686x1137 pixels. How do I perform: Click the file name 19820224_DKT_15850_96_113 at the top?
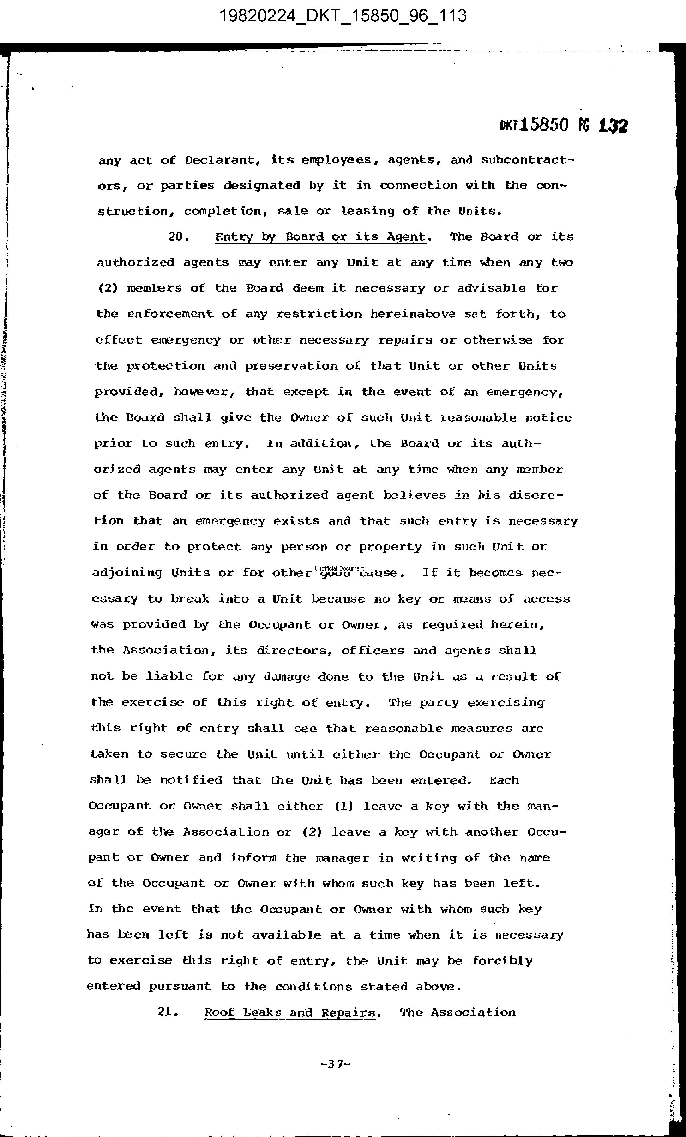(x=343, y=16)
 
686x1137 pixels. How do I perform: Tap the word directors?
(x=292, y=651)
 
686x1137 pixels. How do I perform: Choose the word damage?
(x=286, y=677)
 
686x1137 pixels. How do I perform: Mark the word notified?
(x=191, y=780)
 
